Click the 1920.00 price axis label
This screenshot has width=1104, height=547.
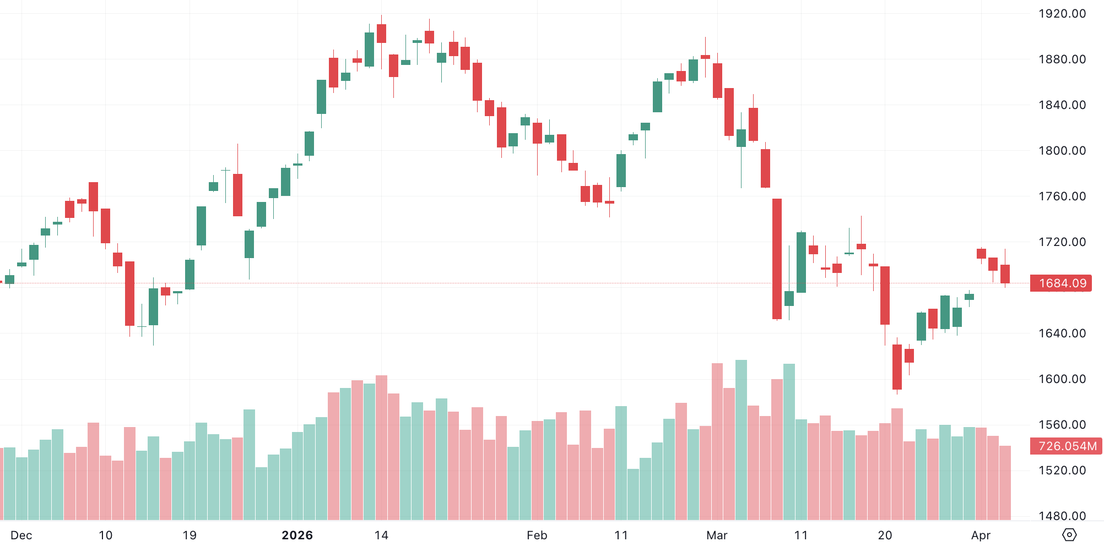click(1062, 14)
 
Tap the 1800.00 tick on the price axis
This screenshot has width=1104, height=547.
click(1062, 150)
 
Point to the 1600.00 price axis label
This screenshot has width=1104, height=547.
click(1062, 379)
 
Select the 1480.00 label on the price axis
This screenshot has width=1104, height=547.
click(1062, 516)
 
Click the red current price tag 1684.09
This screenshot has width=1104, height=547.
click(1062, 283)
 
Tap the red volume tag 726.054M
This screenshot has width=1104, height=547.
click(1067, 446)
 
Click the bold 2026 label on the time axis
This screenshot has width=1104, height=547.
click(297, 535)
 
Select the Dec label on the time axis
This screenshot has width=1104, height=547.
click(21, 535)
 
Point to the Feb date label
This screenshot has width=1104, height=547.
click(537, 535)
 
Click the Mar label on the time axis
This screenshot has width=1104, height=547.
click(717, 535)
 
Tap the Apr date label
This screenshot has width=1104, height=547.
click(981, 535)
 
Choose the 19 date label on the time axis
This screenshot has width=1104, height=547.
click(190, 535)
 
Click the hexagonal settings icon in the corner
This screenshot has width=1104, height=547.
click(1069, 534)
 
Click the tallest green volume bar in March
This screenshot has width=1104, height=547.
click(741, 440)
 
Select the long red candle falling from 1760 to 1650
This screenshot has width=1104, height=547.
click(777, 259)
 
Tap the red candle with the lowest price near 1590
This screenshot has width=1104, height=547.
click(897, 367)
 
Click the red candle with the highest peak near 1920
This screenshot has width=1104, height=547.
click(381, 33)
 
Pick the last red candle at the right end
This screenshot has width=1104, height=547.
click(1005, 273)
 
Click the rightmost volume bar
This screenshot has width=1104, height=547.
click(1005, 483)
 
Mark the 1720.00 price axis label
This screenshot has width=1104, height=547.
click(1062, 242)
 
